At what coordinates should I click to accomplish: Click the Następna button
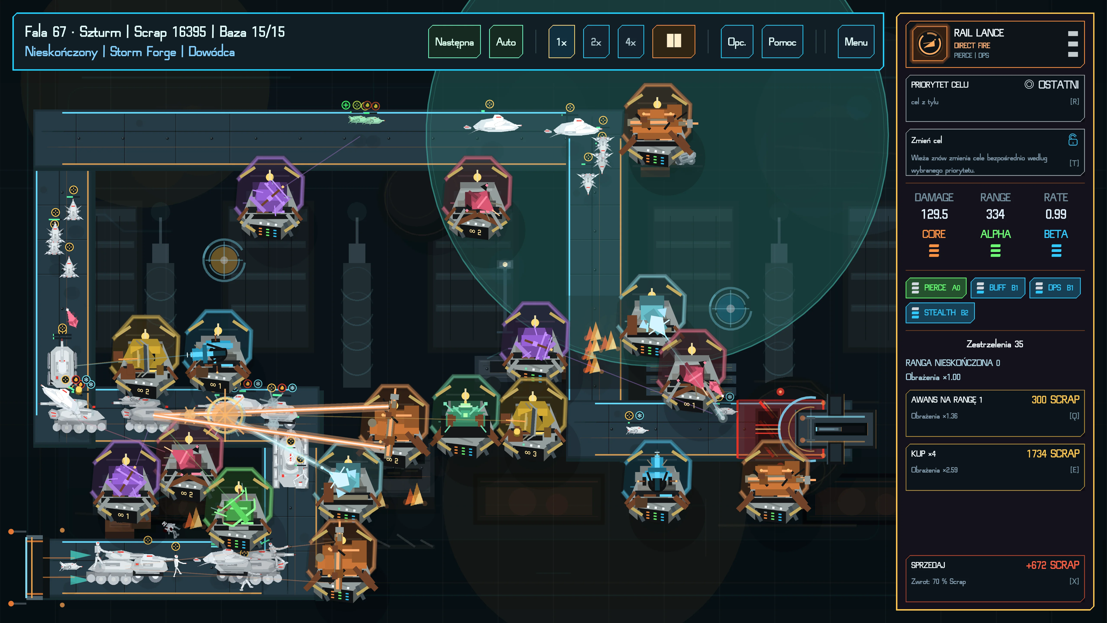[454, 42]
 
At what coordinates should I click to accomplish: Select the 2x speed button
[596, 42]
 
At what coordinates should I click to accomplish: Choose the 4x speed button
[630, 42]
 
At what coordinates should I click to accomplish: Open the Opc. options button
[737, 42]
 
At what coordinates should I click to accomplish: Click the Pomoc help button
[782, 42]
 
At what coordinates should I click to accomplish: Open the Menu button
[856, 42]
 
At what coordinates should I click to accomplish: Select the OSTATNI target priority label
[1058, 85]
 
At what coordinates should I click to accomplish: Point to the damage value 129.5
[934, 214]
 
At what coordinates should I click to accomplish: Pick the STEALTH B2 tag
[940, 313]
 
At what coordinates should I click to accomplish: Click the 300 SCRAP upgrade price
[1055, 400]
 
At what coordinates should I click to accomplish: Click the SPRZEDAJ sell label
[928, 565]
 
